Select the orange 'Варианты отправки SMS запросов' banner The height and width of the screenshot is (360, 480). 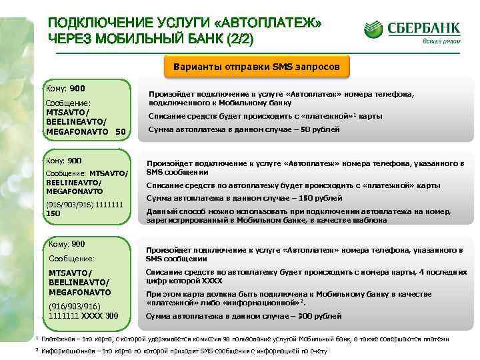click(x=257, y=67)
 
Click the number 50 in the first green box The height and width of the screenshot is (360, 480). click(x=120, y=131)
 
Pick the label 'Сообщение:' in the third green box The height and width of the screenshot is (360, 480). click(x=72, y=258)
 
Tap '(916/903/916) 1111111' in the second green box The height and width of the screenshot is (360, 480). click(x=83, y=205)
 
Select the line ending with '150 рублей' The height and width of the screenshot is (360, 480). click(x=243, y=198)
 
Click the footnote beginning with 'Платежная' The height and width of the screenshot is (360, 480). click(x=243, y=339)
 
